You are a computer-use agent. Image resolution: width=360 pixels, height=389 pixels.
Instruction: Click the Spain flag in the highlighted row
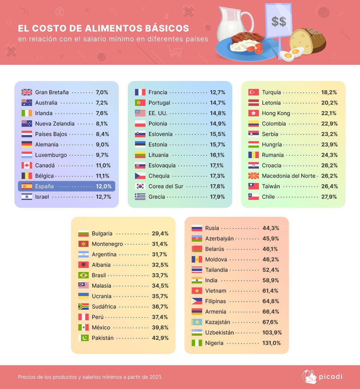tap(27, 186)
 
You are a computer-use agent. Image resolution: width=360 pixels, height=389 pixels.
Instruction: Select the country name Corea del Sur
tap(166, 186)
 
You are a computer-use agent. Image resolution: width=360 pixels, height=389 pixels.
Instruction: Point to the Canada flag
tap(27, 165)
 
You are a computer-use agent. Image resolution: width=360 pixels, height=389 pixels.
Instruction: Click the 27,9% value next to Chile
tap(329, 197)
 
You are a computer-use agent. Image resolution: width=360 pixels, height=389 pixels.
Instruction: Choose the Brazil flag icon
tap(83, 275)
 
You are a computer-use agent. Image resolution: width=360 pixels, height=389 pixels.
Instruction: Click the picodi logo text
tap(330, 377)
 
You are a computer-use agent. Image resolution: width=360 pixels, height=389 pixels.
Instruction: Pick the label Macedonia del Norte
tap(288, 176)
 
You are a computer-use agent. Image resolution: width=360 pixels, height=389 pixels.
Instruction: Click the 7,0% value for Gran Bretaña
tap(102, 92)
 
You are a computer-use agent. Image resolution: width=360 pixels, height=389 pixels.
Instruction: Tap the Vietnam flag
tap(197, 291)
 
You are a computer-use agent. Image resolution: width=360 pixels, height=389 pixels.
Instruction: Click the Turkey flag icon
tap(253, 92)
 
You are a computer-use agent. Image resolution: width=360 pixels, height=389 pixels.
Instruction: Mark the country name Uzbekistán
tap(219, 332)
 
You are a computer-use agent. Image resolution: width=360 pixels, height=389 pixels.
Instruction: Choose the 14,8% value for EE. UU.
tap(218, 113)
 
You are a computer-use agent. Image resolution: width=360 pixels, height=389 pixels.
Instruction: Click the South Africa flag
tap(83, 307)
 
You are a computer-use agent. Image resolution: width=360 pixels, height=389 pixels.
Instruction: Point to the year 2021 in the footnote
tap(155, 377)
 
